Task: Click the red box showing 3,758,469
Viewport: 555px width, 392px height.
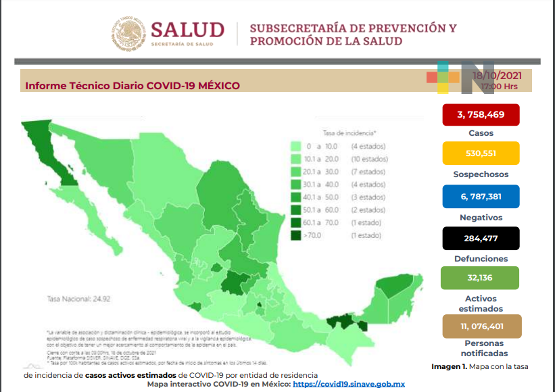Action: (480, 114)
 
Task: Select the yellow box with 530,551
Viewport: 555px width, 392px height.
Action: (480, 153)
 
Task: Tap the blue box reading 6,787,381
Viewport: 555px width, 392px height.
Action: (480, 196)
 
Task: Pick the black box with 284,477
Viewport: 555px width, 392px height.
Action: (480, 238)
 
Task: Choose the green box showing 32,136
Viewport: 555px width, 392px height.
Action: (480, 278)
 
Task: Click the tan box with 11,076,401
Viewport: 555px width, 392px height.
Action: (480, 326)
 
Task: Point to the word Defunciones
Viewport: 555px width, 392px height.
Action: (480, 259)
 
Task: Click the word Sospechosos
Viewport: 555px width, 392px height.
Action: (480, 174)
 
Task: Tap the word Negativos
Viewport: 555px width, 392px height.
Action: (480, 218)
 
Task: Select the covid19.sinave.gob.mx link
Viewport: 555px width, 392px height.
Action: (349, 384)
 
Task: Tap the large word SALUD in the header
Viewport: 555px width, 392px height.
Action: (187, 30)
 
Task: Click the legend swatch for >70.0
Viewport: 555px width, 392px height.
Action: (296, 235)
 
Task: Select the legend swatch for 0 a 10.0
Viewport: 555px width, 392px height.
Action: (296, 146)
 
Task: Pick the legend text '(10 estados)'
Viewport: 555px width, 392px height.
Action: (369, 159)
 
